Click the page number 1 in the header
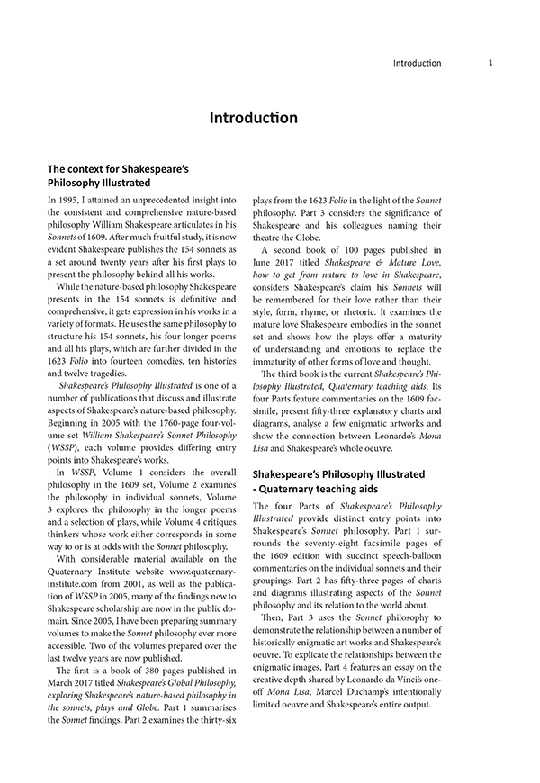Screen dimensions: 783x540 [x=490, y=63]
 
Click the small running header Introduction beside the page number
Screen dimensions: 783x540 [x=418, y=63]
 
